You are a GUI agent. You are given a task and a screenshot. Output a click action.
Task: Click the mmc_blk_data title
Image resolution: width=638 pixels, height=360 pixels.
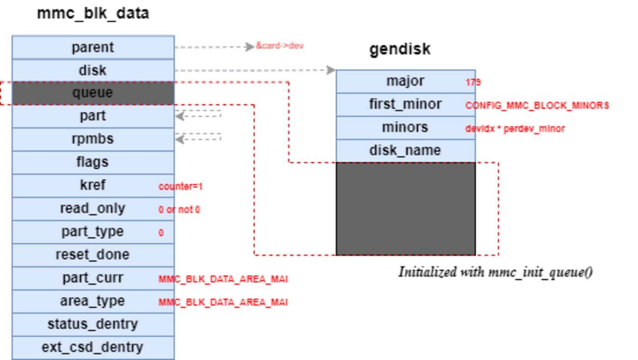click(93, 13)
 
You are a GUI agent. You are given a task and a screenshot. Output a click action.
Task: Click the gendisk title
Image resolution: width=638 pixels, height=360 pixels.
click(399, 49)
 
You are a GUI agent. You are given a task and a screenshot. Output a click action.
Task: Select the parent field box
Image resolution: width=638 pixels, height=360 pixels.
click(93, 48)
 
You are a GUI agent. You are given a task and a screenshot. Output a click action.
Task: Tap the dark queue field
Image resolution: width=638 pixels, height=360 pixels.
click(93, 93)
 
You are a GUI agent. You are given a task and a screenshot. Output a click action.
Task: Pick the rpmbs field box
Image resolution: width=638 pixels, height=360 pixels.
click(93, 139)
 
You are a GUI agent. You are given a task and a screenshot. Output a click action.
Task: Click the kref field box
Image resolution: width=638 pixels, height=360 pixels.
click(93, 185)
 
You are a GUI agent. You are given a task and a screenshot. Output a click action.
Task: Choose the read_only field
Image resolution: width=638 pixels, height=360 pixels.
click(93, 208)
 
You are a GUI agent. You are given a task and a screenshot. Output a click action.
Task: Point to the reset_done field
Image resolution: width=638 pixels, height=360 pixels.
click(93, 255)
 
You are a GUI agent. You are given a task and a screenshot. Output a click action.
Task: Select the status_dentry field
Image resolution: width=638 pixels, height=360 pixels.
click(93, 324)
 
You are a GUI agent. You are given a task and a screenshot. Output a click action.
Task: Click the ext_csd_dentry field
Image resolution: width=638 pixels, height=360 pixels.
click(93, 347)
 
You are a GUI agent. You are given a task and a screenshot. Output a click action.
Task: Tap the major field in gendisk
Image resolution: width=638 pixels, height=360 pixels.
click(405, 81)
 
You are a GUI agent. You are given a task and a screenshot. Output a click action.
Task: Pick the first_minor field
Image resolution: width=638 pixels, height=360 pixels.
click(405, 104)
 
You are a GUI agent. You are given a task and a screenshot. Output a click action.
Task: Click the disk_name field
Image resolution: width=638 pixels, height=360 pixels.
click(405, 151)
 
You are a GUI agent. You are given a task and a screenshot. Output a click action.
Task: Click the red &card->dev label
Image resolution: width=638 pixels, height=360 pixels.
click(279, 46)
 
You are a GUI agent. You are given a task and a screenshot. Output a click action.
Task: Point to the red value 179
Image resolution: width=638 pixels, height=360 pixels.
click(473, 82)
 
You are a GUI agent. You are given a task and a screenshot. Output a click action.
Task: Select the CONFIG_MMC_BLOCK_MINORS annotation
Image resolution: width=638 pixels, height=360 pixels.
click(537, 105)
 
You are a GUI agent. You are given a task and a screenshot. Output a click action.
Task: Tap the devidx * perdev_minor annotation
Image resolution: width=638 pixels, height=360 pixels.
click(515, 129)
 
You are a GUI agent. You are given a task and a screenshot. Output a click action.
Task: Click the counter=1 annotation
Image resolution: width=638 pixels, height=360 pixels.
click(180, 186)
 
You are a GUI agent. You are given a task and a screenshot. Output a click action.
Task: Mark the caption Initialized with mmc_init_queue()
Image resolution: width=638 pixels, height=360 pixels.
click(495, 272)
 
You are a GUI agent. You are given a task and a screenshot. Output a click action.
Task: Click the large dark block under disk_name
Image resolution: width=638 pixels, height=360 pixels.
click(405, 208)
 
